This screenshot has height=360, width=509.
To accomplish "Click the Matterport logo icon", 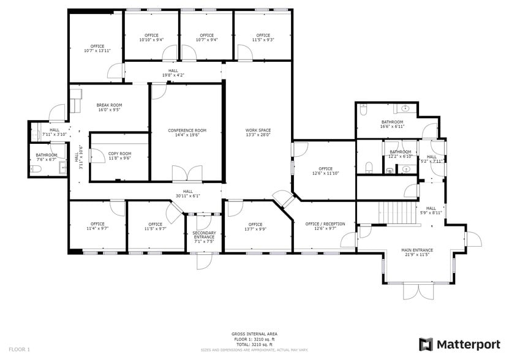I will [x=426, y=344].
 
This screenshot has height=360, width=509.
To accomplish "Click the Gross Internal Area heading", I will [x=254, y=334].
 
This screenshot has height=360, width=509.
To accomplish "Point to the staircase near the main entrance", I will [x=399, y=213].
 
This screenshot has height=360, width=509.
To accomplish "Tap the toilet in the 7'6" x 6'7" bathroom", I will [x=36, y=168].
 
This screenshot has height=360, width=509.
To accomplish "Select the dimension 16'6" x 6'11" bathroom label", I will [x=392, y=124].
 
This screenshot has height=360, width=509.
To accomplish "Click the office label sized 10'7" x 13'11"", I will [x=97, y=48].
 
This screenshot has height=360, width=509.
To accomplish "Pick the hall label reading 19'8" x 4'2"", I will [x=173, y=73].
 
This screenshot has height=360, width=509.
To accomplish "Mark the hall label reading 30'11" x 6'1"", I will [x=187, y=193].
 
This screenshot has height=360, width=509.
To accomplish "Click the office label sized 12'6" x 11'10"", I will [x=325, y=171].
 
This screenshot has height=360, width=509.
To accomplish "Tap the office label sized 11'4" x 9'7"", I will [x=97, y=226].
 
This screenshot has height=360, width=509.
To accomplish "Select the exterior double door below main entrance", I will [x=417, y=291].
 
